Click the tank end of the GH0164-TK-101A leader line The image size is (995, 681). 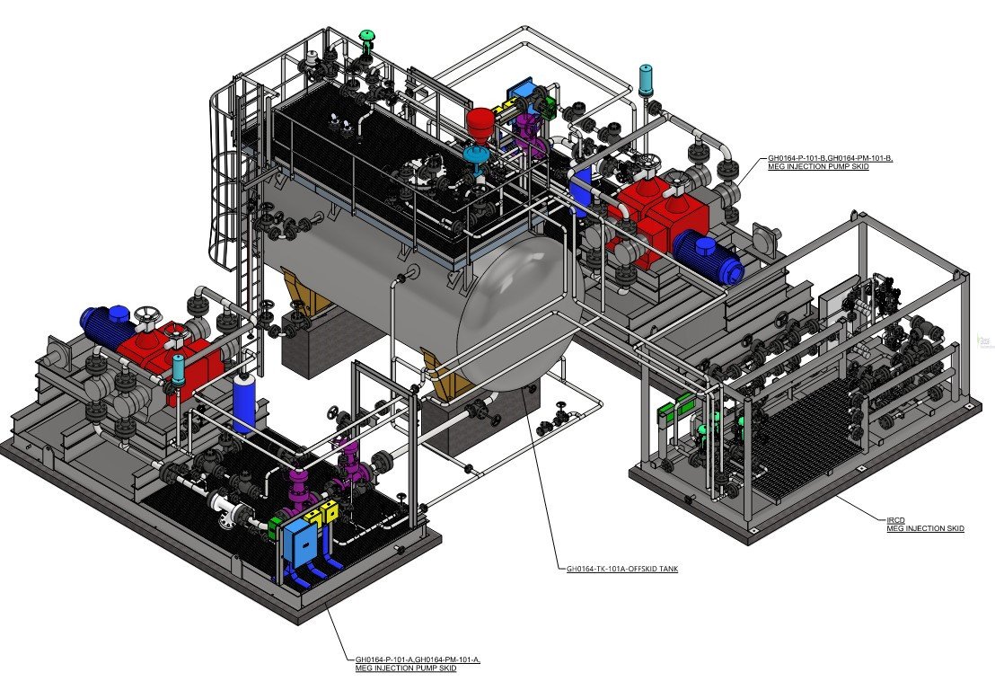point(524,386)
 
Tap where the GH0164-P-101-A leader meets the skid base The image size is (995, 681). point(327,604)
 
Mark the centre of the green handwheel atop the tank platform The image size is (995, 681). point(366,35)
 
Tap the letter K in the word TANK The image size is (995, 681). point(675,570)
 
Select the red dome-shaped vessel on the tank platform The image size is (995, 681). point(480,121)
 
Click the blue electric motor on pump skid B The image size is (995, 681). point(709,256)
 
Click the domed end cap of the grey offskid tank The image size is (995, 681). point(520,311)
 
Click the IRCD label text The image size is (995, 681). point(895,520)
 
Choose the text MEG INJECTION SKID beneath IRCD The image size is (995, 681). point(925,528)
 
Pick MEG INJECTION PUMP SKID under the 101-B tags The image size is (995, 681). point(819,166)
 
